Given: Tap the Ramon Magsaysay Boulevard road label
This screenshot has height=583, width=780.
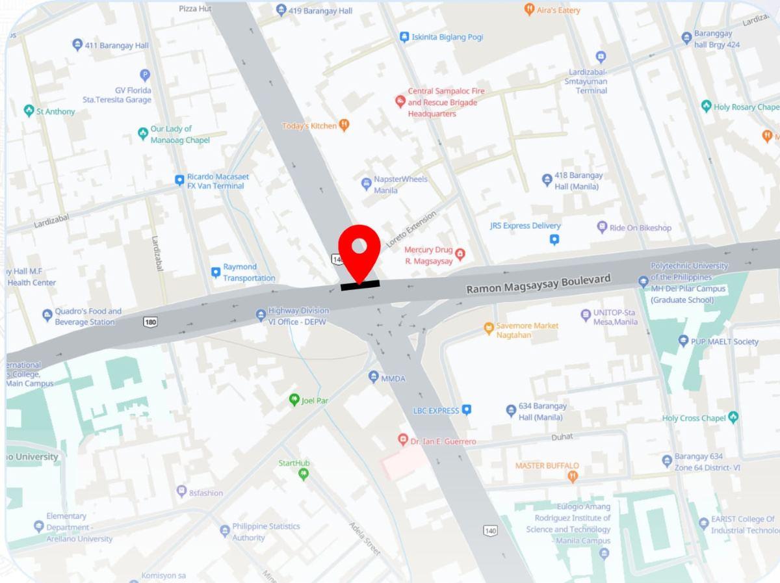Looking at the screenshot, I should coord(538,283).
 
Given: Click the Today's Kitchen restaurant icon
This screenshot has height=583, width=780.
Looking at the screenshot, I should coord(344,125).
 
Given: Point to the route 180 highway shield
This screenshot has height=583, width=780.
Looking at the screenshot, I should coord(151,322).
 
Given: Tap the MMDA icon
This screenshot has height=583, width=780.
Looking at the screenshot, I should coord(373,376).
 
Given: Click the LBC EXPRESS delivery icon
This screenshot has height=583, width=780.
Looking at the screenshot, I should coord(466,410).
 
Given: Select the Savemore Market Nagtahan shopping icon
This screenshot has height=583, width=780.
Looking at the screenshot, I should coord(489,329).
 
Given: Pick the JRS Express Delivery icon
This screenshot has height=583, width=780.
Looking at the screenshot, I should coord(554,240).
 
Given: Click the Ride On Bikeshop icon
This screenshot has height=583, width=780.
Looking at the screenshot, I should coord(602,227).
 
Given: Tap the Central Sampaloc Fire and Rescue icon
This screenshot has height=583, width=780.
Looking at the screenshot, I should coord(400,101).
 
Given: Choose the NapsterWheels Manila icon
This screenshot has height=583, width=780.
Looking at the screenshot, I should coord(366,184).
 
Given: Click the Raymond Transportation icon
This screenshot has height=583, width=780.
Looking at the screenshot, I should coord(216,272).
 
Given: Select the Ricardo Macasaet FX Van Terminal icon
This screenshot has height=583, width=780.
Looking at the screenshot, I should coord(179,181).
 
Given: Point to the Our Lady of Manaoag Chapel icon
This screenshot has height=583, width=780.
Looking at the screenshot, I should coord(143,134).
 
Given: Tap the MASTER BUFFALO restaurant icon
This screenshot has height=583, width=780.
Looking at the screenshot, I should coord(573,477).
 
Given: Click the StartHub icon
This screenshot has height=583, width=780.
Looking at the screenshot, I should coord(303,474).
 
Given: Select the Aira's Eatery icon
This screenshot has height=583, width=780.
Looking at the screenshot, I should coord(529,10).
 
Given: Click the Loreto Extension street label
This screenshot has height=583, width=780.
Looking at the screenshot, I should coord(411,228).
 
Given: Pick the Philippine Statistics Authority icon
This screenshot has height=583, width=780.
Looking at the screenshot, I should coord(225,530).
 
